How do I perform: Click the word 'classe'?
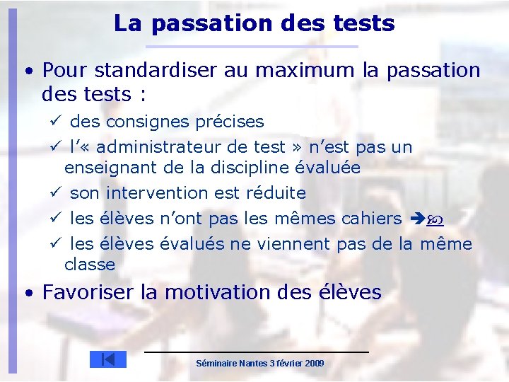pos(89,265)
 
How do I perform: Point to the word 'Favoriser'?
pos(90,292)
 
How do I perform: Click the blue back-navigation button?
pos(107,359)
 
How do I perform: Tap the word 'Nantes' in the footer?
pos(253,363)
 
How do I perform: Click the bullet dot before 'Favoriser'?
pos(26,293)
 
